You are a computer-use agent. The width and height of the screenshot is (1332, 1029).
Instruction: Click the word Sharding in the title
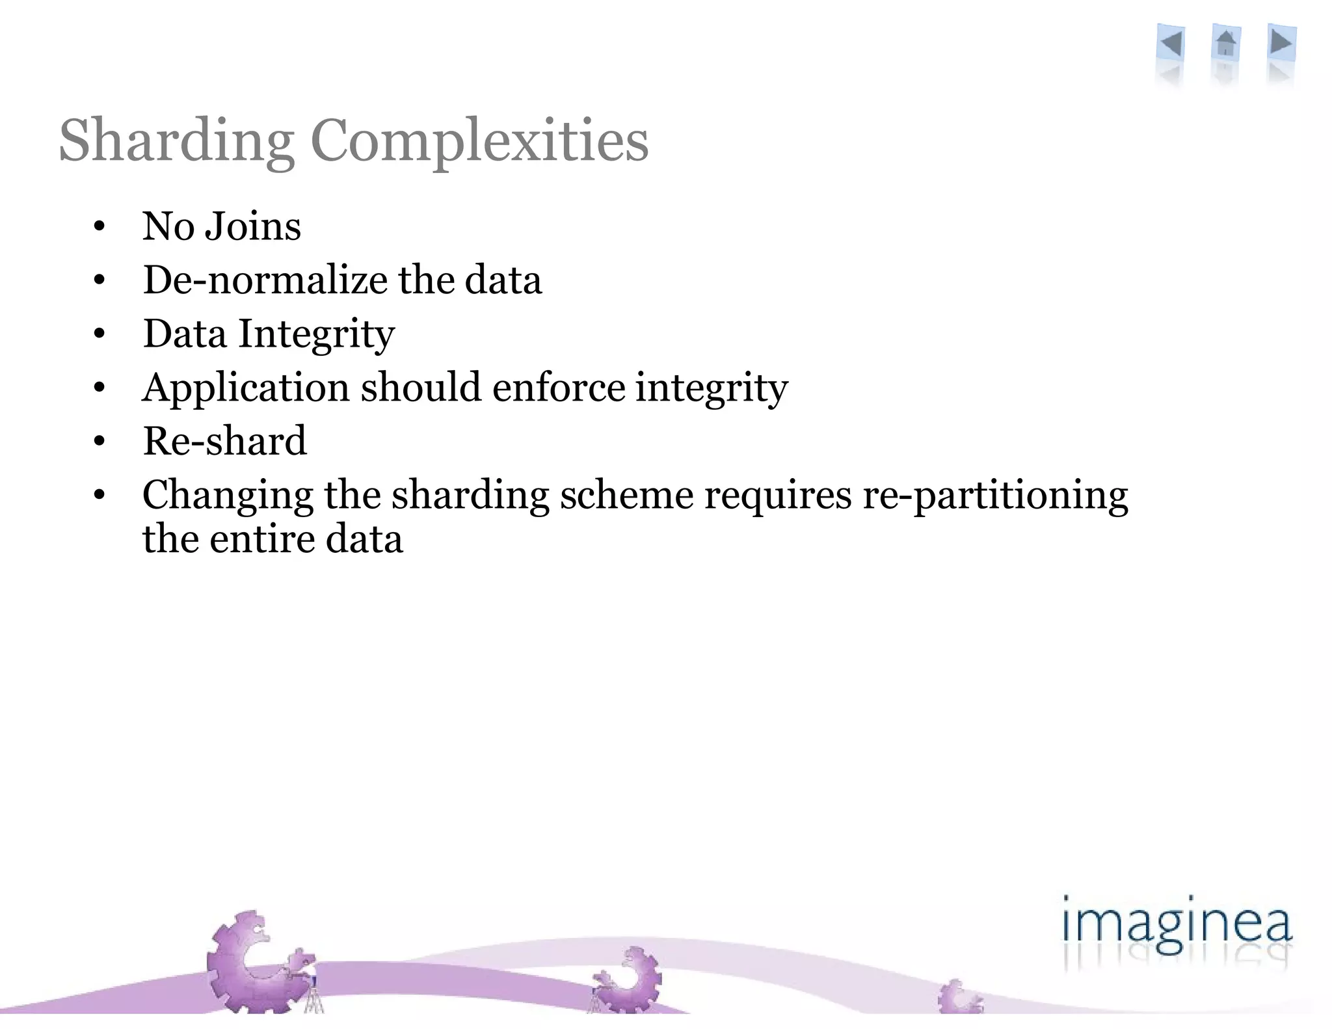(x=176, y=141)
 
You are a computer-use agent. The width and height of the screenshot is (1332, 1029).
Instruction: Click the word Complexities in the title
(x=479, y=141)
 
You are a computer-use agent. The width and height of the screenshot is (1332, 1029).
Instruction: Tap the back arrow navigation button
(x=1171, y=44)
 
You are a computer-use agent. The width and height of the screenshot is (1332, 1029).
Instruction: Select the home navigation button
(x=1225, y=44)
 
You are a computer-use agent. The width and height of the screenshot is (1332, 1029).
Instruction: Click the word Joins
(x=253, y=226)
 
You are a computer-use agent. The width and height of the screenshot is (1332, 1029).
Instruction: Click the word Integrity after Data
(x=317, y=334)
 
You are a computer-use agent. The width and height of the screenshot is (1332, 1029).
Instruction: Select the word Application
(x=246, y=388)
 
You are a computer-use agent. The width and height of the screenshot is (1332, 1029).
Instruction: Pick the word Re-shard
(x=224, y=442)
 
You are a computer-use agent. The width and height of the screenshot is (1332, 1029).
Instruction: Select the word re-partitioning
(x=995, y=496)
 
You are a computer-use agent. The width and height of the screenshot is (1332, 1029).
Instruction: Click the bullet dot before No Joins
(x=99, y=227)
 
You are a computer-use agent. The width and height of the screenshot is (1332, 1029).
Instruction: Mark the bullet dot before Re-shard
(x=99, y=442)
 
